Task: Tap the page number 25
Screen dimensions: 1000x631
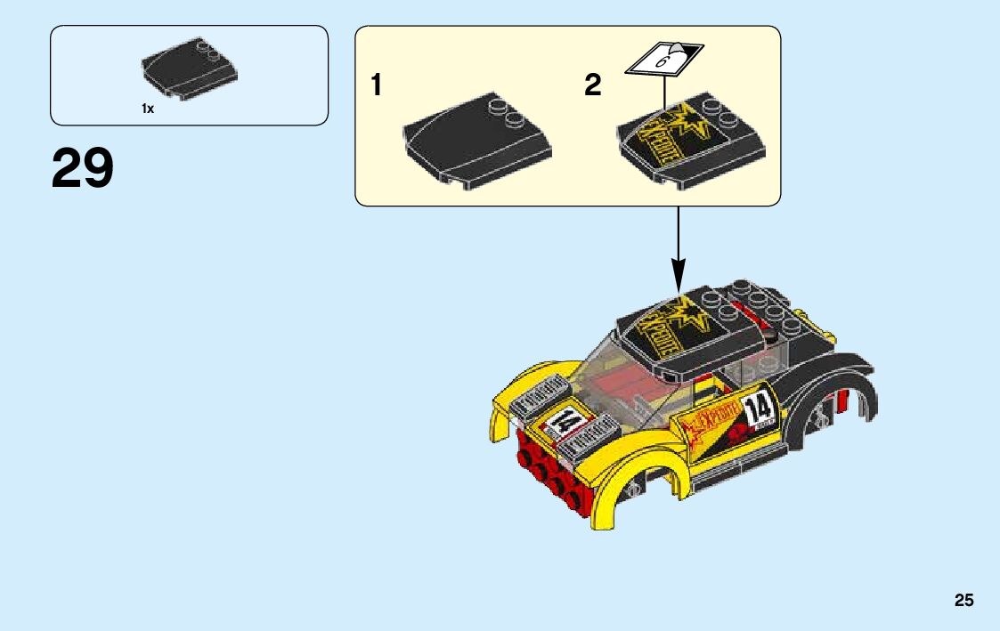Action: (963, 601)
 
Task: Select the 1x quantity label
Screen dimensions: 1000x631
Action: (148, 109)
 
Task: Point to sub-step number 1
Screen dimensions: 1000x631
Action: (377, 85)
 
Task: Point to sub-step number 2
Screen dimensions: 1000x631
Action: (592, 85)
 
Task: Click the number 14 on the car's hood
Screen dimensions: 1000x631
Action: (565, 422)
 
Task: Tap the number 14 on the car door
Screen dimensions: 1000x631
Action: (759, 410)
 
